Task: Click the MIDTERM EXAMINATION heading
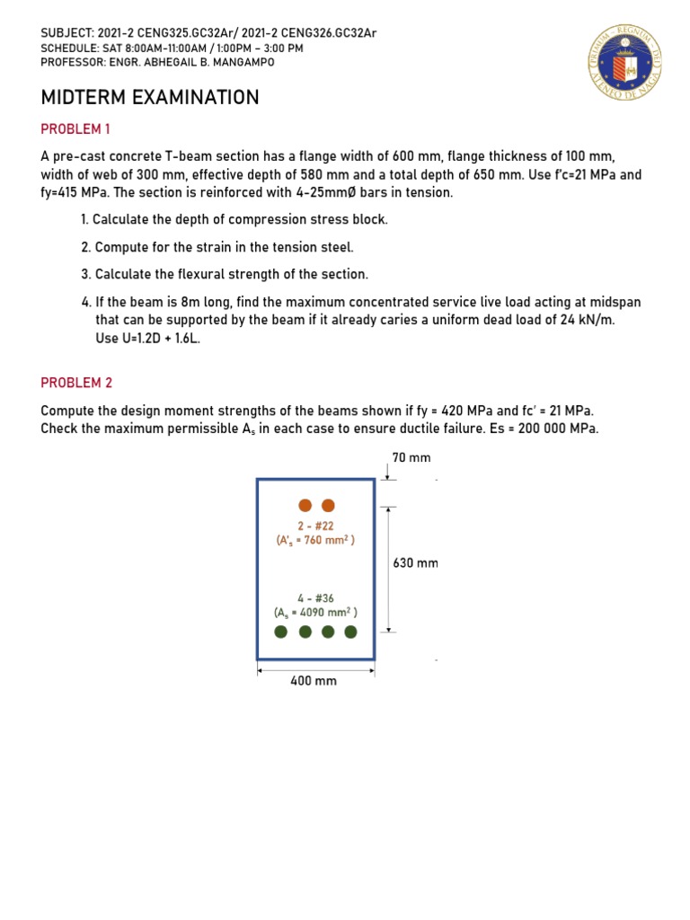[x=150, y=97]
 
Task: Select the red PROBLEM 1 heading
[x=75, y=128]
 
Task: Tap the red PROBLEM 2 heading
[x=76, y=383]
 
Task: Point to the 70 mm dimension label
[x=411, y=457]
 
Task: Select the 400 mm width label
[x=314, y=681]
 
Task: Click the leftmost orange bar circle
[x=305, y=506]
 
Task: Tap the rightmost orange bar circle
[x=328, y=506]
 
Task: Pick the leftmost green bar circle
[x=281, y=632]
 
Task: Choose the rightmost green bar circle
[x=350, y=632]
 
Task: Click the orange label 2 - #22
[x=315, y=525]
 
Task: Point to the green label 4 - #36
[x=315, y=598]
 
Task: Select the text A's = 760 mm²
[x=315, y=540]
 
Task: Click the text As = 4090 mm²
[x=315, y=613]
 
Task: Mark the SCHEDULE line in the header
[x=172, y=48]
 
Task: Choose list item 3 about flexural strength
[x=224, y=274]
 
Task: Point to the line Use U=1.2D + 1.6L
[x=147, y=339]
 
